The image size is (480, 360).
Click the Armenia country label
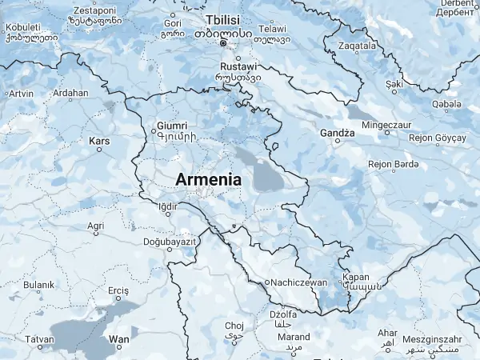coord(208,180)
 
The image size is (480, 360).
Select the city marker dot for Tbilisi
coord(224,43)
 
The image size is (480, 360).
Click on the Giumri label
coord(172,126)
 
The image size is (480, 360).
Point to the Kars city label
coord(99,142)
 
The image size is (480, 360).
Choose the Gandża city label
coord(337,132)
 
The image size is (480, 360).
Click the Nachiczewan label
coord(299,282)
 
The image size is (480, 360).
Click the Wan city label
coord(118,340)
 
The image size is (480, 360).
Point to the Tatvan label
coord(40,339)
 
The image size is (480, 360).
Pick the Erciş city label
coord(118,290)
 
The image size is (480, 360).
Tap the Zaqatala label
coord(357,46)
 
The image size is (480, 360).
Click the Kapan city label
coord(356,278)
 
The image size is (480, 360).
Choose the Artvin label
coord(21,94)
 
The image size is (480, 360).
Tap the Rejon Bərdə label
coord(393,164)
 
